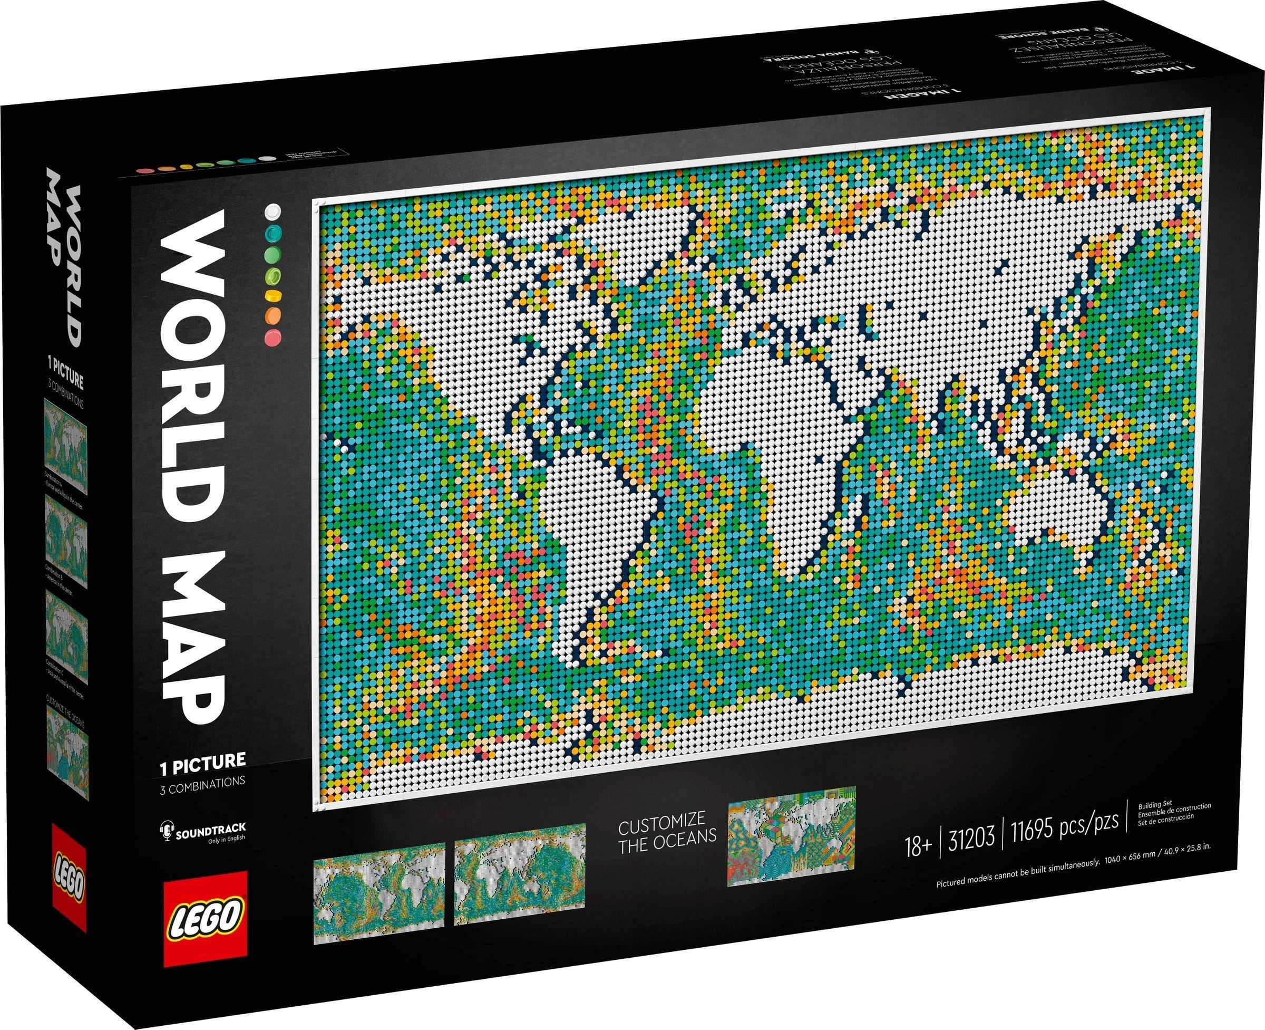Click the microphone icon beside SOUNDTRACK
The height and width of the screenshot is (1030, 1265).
pos(164,830)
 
